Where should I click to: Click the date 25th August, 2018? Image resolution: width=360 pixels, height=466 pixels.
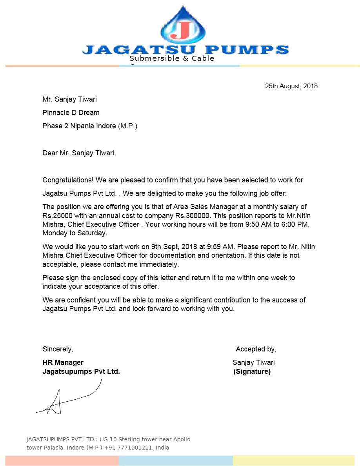coord(291,86)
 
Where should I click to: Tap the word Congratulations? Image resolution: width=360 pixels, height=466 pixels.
coord(68,180)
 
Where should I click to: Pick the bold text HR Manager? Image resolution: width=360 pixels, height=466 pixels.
coord(63,362)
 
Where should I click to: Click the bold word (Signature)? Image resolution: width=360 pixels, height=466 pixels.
coord(252,371)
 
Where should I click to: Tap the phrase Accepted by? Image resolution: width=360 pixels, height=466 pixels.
coord(256,349)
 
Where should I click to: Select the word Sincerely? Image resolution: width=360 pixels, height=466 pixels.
coord(58,349)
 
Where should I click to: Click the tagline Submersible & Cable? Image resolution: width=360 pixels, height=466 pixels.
coord(172,58)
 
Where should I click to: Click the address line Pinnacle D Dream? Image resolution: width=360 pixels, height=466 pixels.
coord(71,113)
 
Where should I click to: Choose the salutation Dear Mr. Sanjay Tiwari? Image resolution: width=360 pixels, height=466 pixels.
coord(79,153)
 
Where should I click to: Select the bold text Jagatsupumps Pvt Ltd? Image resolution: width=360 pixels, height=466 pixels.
coord(81,371)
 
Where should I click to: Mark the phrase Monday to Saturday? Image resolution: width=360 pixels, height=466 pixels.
coord(74,233)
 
